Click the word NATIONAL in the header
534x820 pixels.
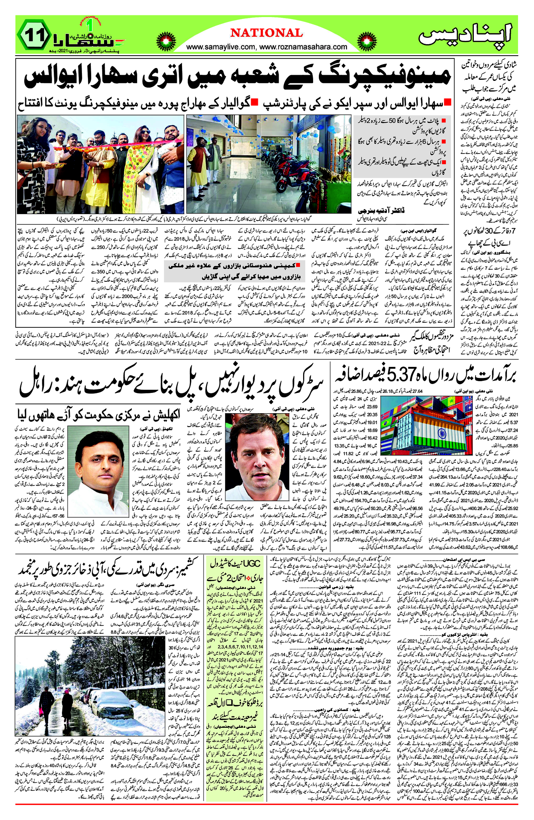coord(266,33)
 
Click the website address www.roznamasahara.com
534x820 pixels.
coord(305,47)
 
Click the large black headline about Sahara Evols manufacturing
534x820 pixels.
coord(237,77)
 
